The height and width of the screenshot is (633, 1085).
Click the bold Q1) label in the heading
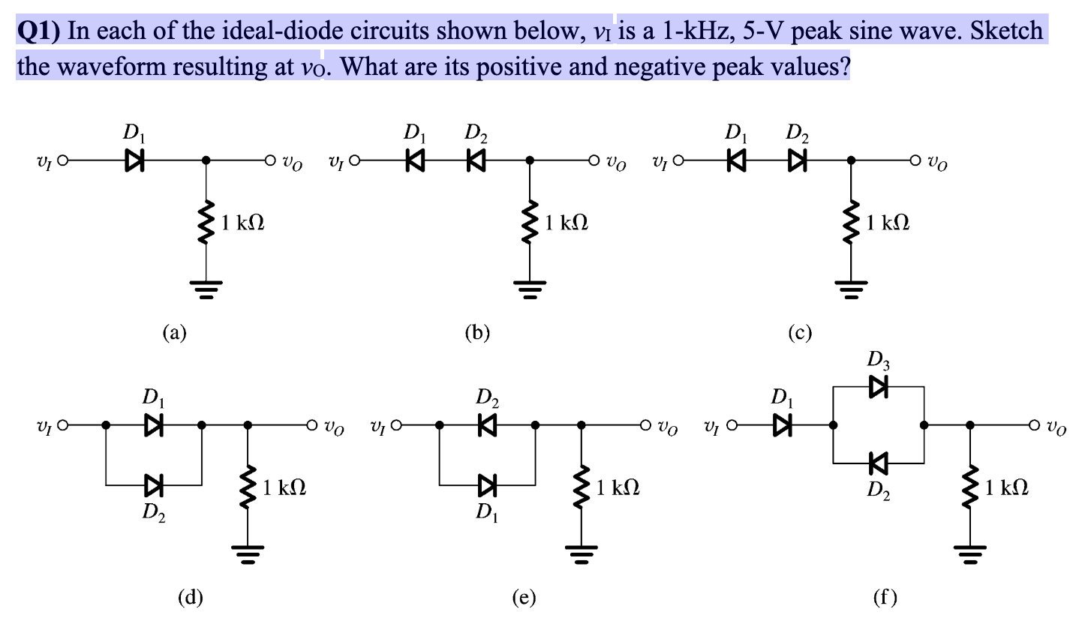click(40, 31)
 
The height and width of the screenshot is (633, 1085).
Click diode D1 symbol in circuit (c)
click(734, 160)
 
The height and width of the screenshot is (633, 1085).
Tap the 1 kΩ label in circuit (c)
click(888, 223)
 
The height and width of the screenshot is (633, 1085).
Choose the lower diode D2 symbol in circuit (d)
click(154, 486)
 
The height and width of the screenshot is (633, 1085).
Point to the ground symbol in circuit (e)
click(579, 556)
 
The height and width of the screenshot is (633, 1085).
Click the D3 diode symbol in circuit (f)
click(878, 387)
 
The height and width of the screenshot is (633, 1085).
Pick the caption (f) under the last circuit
click(885, 598)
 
